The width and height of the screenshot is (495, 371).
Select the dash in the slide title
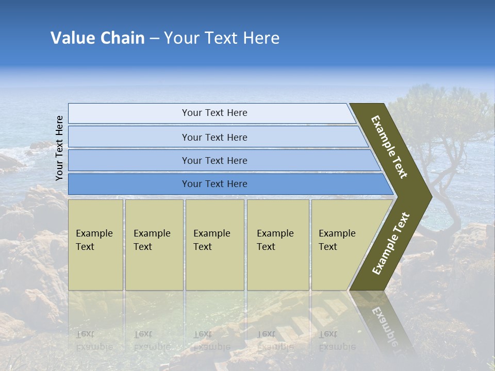coord(154,39)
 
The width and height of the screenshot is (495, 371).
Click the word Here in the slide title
coord(261,38)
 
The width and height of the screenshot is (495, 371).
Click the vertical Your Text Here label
coord(59,148)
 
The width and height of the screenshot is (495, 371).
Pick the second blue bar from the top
coord(214,137)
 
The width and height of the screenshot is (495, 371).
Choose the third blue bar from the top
coord(214,160)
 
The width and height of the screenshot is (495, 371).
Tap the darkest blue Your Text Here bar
coord(214,184)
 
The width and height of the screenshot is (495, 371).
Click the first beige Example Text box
coord(95,245)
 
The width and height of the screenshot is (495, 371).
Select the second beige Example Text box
coord(154,245)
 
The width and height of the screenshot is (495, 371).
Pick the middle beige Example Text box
coord(214,245)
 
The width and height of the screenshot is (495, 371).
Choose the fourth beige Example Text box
coord(278,245)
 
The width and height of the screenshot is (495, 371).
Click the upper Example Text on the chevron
coord(389,147)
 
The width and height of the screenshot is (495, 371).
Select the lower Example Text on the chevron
coord(391,243)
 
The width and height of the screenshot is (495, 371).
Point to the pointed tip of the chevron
coord(429,196)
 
